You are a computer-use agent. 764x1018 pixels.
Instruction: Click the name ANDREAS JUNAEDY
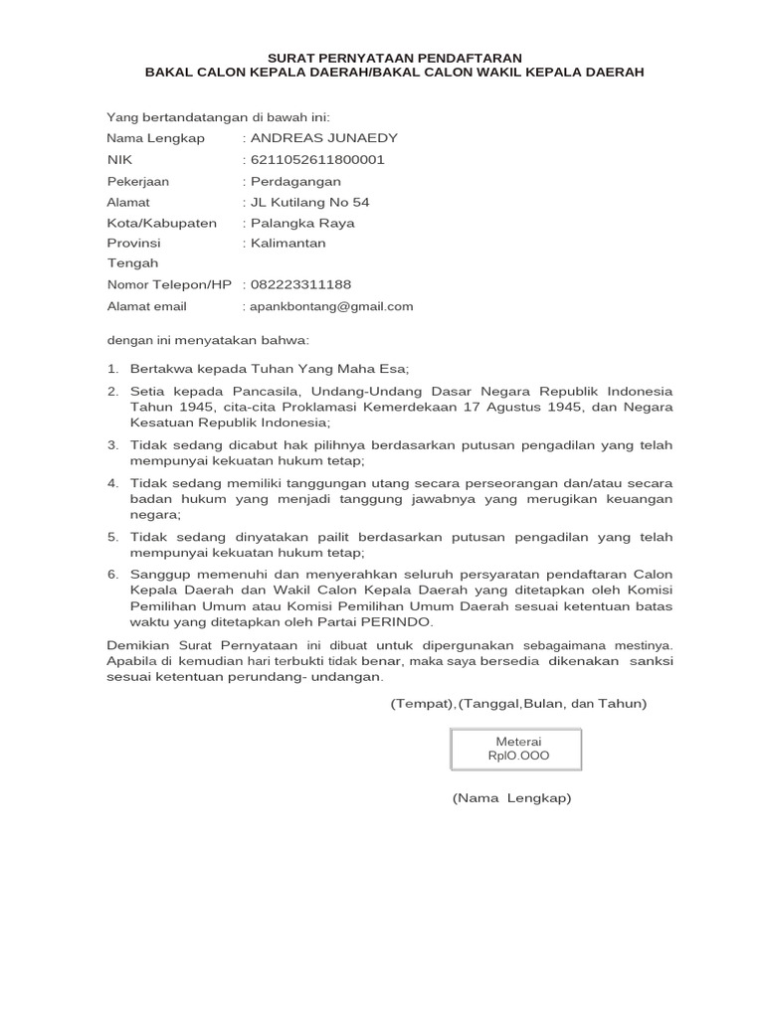coord(310,138)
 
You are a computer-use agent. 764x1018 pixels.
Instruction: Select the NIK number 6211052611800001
coord(317,159)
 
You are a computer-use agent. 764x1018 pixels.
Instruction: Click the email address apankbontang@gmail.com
coord(331,306)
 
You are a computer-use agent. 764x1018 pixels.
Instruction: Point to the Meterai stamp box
coord(516,749)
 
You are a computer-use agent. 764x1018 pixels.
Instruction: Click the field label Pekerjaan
coord(138,181)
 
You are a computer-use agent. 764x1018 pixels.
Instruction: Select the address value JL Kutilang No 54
coord(309,202)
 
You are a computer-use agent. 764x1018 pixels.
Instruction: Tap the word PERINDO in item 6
coord(400,621)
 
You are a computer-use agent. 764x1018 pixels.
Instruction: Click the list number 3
coord(112,444)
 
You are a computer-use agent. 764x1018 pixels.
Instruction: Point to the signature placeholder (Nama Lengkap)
coord(511,798)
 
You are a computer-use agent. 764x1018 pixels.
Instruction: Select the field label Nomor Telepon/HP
coord(169,284)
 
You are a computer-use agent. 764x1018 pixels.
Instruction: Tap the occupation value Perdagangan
coord(295,181)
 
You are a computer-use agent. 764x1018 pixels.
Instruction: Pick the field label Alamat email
coord(147,306)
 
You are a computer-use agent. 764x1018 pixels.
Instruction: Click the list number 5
coord(112,537)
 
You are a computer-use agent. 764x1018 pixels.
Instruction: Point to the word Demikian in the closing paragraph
coord(136,644)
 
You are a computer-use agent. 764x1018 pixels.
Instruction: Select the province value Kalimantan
coord(287,243)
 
